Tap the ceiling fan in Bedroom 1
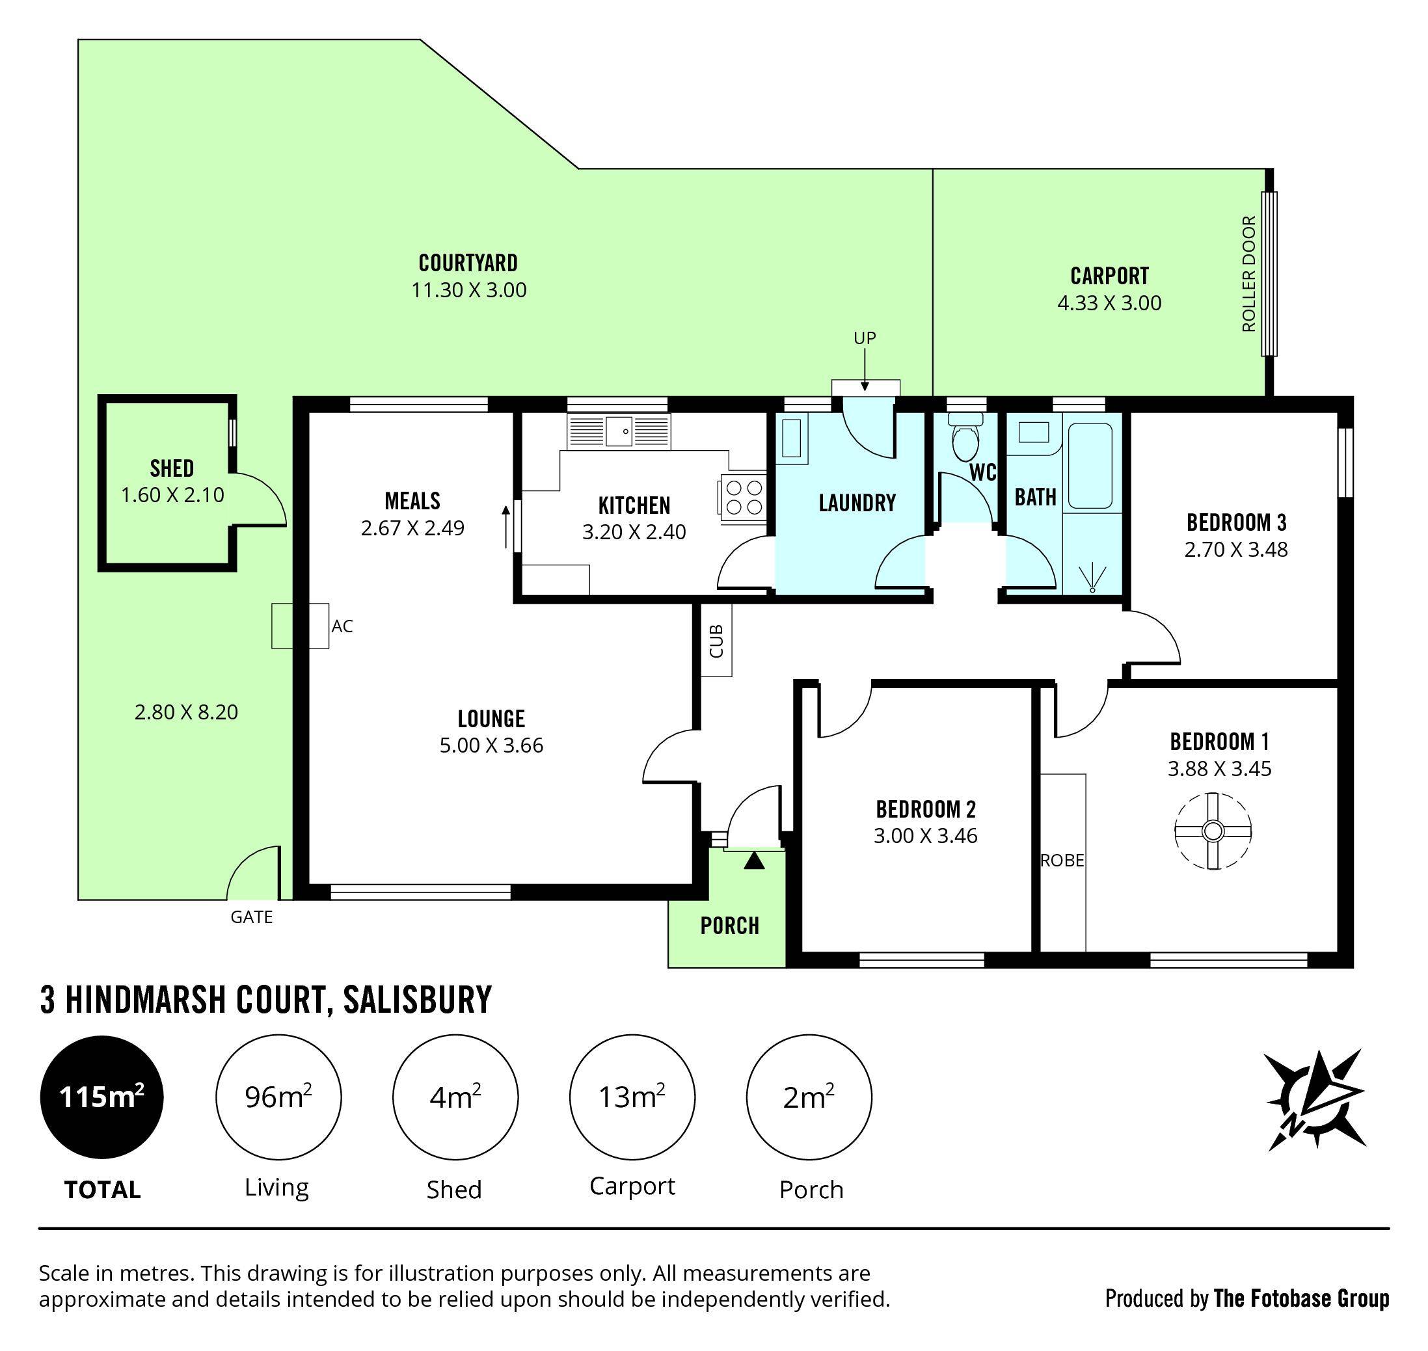(x=1213, y=831)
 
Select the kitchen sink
(x=619, y=431)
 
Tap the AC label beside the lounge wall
(x=342, y=626)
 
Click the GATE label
(x=251, y=916)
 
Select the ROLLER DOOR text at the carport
(x=1248, y=274)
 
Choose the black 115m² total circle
(x=101, y=1097)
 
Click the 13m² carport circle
(x=632, y=1097)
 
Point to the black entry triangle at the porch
(x=754, y=860)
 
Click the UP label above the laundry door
(x=864, y=338)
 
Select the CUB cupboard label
(x=716, y=640)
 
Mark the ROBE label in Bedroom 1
(x=1062, y=861)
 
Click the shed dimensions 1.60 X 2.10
(x=172, y=496)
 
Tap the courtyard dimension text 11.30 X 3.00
(x=469, y=290)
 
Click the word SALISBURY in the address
(x=418, y=1000)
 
